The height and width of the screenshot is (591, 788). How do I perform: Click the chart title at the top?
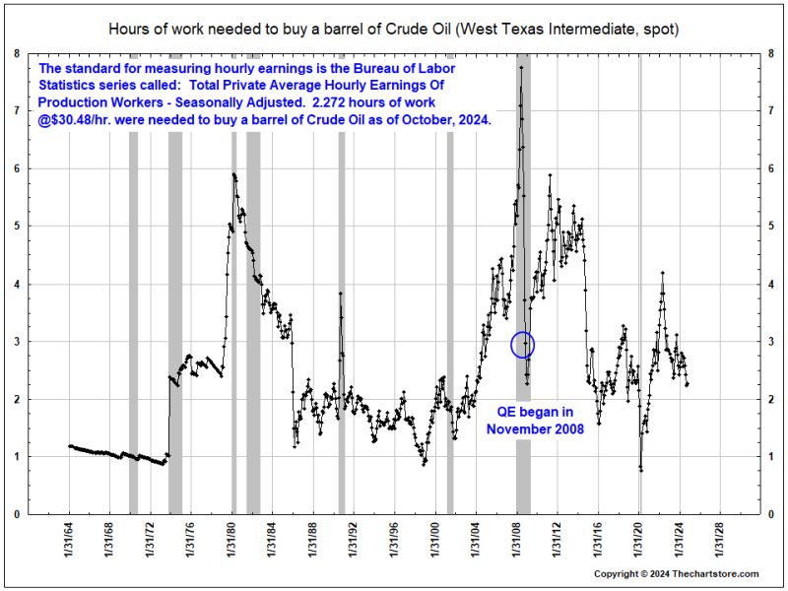(393, 30)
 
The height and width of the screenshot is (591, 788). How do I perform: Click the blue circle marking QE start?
(523, 333)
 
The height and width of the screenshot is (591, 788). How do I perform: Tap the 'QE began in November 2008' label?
(535, 421)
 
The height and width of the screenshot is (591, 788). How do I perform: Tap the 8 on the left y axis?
(17, 53)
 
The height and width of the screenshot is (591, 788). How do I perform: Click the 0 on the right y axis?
(771, 514)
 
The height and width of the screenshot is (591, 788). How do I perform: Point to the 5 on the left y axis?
(17, 227)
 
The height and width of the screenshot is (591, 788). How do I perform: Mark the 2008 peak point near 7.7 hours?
(521, 67)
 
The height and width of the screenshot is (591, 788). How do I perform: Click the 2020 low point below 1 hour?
(641, 471)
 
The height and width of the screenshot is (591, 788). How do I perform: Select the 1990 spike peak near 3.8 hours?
(340, 294)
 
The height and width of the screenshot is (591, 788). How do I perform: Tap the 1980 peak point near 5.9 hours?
(233, 174)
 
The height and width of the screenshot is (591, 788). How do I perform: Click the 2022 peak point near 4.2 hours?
(662, 273)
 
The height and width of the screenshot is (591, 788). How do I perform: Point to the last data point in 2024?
(688, 384)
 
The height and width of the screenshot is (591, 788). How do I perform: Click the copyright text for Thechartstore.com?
(677, 574)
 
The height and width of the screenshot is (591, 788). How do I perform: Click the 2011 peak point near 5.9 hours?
(551, 175)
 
